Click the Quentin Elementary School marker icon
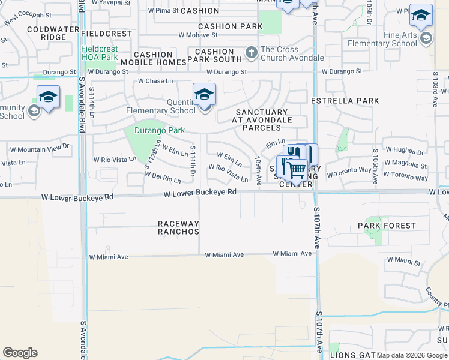[x=204, y=95]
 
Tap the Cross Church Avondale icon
[x=251, y=53]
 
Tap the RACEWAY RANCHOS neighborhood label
[x=178, y=227]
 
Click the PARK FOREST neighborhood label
[x=387, y=226]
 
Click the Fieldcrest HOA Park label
[x=99, y=53]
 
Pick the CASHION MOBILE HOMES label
[x=154, y=58]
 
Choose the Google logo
[x=20, y=353]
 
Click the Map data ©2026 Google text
[x=412, y=355]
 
